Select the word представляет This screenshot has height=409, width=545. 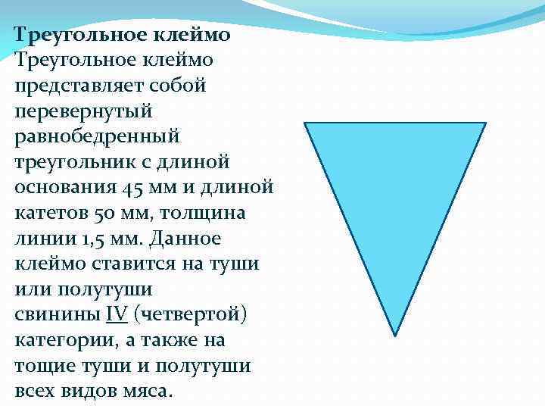click(73, 86)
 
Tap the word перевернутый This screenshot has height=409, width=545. click(83, 111)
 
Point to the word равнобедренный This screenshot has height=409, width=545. click(97, 137)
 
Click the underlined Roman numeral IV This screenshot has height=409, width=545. click(116, 314)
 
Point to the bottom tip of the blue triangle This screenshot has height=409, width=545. click(395, 334)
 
